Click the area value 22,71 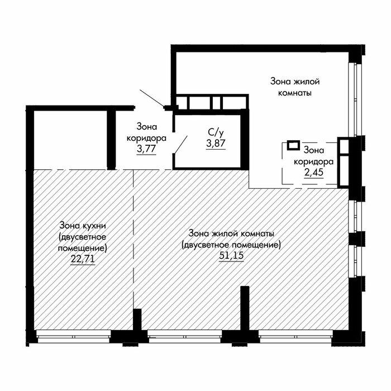[83, 259]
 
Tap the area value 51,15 [231, 255]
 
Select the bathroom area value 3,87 [216, 143]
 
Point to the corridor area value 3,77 [146, 149]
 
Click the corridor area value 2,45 [314, 172]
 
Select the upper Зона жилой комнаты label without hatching [295, 87]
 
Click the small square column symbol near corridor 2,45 [293, 145]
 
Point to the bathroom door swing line [181, 144]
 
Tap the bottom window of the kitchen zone [74, 336]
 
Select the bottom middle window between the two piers [185, 336]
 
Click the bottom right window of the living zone [295, 336]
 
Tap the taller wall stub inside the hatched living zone [245, 308]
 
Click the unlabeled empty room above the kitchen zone [70, 140]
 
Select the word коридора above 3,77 [146, 138]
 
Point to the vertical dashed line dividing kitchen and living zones [133, 240]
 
